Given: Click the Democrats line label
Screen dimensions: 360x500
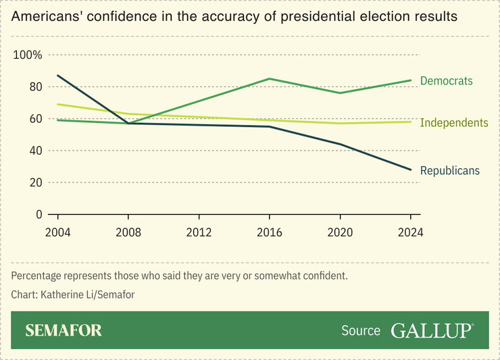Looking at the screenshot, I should click(x=446, y=81).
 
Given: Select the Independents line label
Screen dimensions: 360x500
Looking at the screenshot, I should click(x=453, y=123).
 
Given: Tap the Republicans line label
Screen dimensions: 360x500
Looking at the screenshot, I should click(x=449, y=171).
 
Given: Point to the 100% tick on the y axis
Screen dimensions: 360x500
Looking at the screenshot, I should click(x=28, y=55).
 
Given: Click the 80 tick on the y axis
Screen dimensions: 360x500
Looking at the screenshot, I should click(x=34, y=86).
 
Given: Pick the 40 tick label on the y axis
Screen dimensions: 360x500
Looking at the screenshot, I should click(x=34, y=151).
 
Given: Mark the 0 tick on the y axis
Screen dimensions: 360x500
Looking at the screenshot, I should click(x=39, y=214).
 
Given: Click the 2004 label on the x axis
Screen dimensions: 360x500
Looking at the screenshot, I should click(x=57, y=232).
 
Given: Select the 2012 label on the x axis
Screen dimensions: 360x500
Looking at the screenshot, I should click(x=199, y=232).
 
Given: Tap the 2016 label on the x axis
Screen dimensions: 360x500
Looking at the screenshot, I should click(x=270, y=232).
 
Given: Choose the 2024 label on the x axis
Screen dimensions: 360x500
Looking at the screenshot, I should click(x=411, y=232).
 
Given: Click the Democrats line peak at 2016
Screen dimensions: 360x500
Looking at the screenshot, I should click(x=270, y=79).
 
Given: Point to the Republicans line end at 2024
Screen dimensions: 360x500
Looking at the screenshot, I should click(x=411, y=170).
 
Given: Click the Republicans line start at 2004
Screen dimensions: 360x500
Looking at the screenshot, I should click(x=57, y=76).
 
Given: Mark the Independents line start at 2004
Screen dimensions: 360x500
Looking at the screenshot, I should click(x=57, y=104).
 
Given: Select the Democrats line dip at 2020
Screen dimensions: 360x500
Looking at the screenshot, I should click(x=340, y=93).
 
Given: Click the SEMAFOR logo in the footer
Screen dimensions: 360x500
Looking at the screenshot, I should click(x=64, y=330).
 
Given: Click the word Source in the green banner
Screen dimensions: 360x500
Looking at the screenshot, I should click(x=361, y=331).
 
